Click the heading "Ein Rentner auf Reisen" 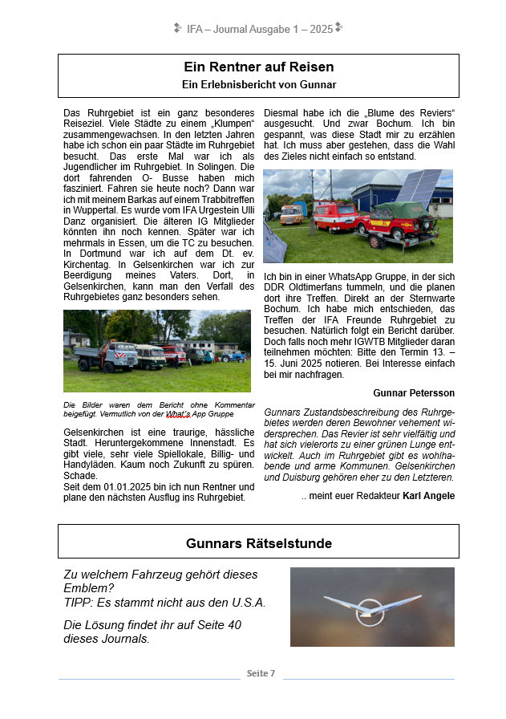click(258, 67)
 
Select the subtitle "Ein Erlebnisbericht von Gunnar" click(258, 84)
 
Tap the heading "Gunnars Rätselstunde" click(258, 544)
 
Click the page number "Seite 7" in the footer click(261, 673)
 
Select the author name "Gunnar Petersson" click(414, 393)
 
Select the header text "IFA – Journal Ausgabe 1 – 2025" click(259, 29)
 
